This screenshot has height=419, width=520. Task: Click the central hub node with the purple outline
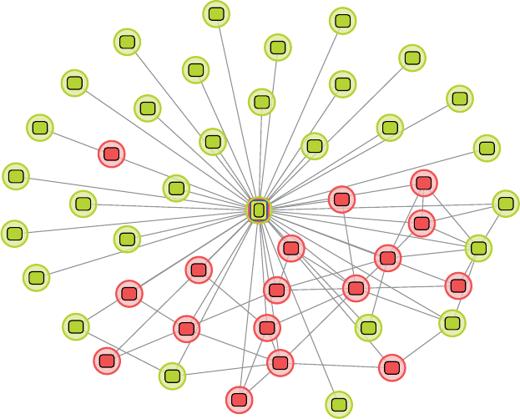[259, 209]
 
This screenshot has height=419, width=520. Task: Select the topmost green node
[217, 13]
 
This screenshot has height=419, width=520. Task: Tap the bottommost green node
[338, 405]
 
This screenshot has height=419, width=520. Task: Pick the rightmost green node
[505, 203]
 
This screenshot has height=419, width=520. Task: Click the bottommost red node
[240, 400]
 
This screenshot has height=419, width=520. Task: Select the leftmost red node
[107, 361]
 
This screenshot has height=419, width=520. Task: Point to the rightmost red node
[457, 285]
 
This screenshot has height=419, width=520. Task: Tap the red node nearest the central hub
[290, 247]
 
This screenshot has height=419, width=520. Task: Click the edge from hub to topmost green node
[238, 111]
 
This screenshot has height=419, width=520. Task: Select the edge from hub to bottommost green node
[298, 306]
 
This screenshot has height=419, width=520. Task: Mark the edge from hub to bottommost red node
[250, 305]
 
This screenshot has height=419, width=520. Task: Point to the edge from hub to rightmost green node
[382, 206]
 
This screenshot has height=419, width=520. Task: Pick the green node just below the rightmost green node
[478, 247]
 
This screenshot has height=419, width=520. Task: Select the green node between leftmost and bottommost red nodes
[171, 376]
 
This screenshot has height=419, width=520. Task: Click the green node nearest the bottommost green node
[368, 328]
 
